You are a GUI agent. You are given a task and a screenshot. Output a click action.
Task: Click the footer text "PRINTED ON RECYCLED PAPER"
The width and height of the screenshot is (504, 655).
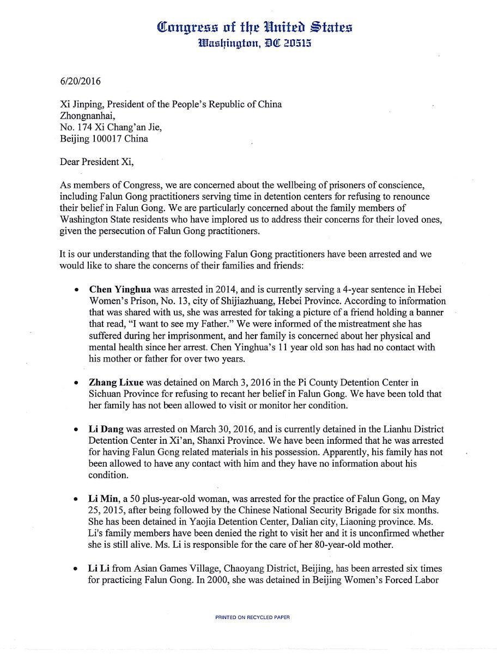[252, 617]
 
